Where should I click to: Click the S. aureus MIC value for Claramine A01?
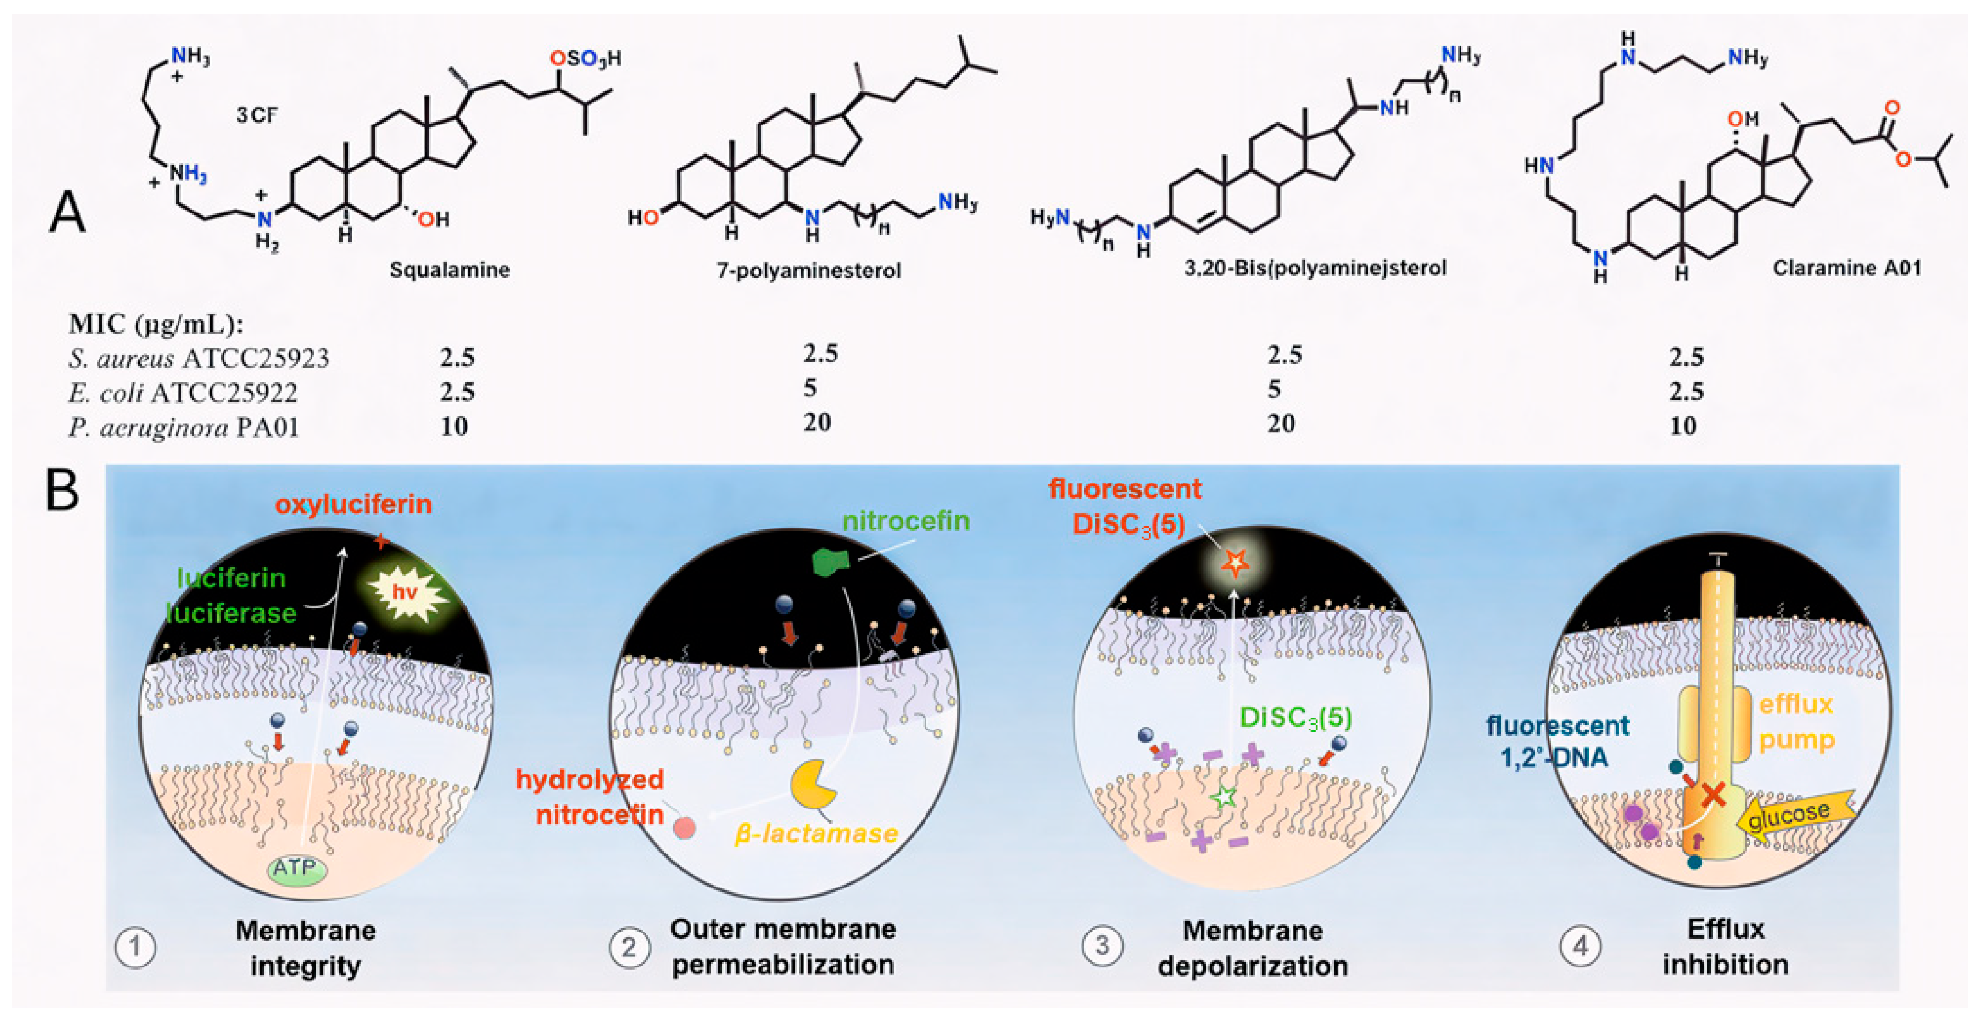coord(1685,357)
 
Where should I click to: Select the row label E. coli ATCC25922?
coord(182,393)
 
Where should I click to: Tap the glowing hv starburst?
coord(406,592)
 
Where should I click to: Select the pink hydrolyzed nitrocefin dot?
coord(684,828)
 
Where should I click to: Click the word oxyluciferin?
coord(354,505)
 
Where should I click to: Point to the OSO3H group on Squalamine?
coord(585,58)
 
